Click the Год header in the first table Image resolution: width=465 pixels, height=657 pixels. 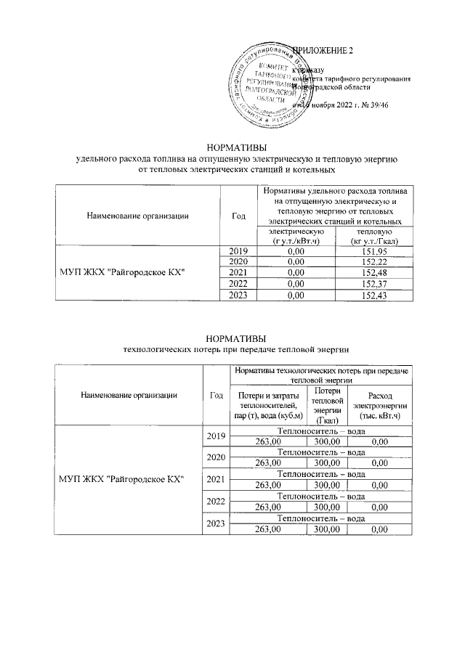(238, 215)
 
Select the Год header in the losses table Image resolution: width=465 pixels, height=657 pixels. (216, 395)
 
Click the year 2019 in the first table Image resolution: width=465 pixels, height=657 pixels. (238, 251)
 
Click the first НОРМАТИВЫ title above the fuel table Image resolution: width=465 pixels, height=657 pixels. (236, 147)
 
